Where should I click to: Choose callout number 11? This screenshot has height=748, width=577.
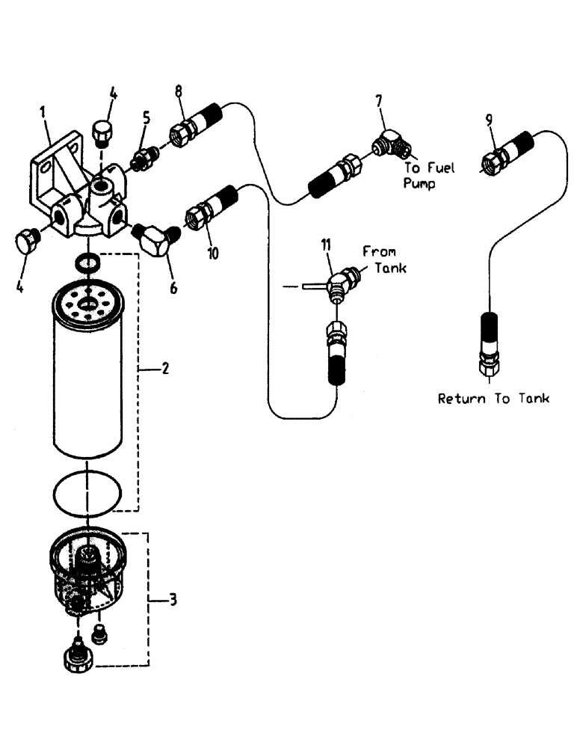click(x=326, y=245)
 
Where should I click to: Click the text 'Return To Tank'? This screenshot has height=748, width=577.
click(x=493, y=399)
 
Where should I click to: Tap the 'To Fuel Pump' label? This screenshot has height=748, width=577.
click(x=429, y=175)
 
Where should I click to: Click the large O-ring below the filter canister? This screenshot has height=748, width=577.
click(x=87, y=491)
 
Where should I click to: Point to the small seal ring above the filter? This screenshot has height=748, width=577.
click(x=88, y=262)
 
